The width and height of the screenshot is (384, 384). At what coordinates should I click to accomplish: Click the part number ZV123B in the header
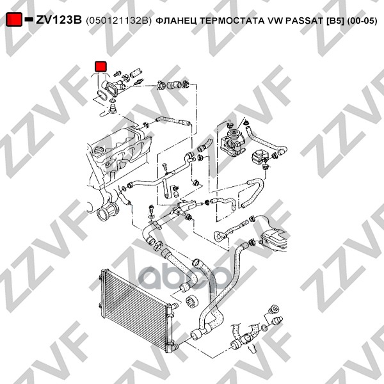click(x=59, y=20)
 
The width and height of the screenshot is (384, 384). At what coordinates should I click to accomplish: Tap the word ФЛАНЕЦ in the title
click(x=177, y=21)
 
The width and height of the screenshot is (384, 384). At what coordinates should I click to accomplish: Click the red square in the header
click(x=13, y=20)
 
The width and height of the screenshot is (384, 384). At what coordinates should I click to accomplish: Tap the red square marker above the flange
click(x=100, y=67)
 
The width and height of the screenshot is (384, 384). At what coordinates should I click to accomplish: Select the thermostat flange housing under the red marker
click(x=114, y=88)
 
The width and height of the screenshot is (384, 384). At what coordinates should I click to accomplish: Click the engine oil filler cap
click(x=98, y=150)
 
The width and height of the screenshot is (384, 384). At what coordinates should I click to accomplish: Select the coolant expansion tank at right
click(x=273, y=239)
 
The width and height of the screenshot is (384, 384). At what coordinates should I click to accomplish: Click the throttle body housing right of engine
click(x=232, y=143)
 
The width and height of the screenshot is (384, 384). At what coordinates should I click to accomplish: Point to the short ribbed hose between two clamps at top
click(x=174, y=86)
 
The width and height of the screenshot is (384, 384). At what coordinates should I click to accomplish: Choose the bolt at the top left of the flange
click(x=117, y=73)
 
